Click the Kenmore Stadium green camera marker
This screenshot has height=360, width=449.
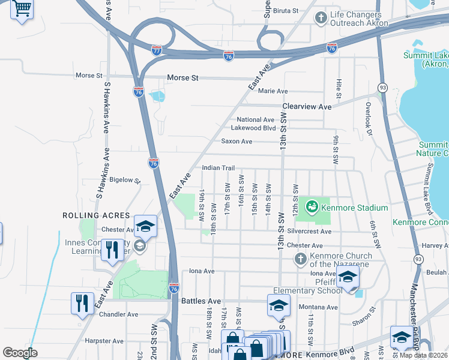(x=312, y=208)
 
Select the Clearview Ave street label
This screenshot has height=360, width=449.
(x=307, y=107)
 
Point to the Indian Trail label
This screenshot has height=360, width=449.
(x=218, y=168)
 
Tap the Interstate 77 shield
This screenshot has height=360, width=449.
(x=157, y=50)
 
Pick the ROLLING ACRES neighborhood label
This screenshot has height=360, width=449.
(x=96, y=215)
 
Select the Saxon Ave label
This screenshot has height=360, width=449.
(x=237, y=142)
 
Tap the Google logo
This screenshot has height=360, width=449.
(x=20, y=353)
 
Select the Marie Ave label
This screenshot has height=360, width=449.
(x=273, y=91)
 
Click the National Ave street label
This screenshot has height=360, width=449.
(x=255, y=119)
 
